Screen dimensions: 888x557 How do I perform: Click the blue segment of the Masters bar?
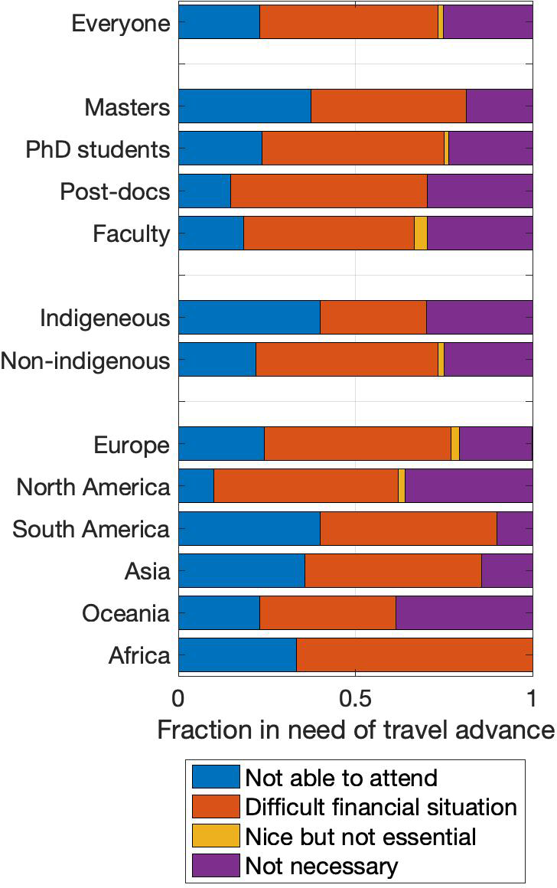pos(244,106)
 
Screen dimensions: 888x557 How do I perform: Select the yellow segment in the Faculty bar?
pos(420,233)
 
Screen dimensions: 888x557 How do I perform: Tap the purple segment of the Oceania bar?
pos(464,612)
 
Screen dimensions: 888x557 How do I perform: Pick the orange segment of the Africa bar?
pos(414,655)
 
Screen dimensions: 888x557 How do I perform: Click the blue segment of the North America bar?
pos(196,486)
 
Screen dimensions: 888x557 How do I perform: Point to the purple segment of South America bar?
pos(514,528)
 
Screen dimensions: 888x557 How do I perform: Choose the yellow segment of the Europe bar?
pos(454,444)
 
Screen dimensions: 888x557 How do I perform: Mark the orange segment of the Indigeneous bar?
pos(373,317)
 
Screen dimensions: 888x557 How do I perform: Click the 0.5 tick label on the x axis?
pos(355,698)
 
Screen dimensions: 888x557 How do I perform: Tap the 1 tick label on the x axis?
pos(532,698)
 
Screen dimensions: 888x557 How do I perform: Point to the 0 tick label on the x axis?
pos(178,698)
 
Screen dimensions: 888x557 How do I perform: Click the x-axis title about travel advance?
pos(356,730)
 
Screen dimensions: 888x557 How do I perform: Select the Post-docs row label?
pos(115,191)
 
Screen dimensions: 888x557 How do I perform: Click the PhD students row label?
pos(98,149)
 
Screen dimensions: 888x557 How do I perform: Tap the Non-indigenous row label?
pos(86,360)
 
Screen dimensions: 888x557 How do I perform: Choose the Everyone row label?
pos(120,23)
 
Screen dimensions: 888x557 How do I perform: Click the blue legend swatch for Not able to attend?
pos(215,777)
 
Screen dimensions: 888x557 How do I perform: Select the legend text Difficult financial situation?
pos(381,806)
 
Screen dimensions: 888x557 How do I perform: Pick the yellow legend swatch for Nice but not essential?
pos(215,836)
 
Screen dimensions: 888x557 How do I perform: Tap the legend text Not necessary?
pos(321,866)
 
